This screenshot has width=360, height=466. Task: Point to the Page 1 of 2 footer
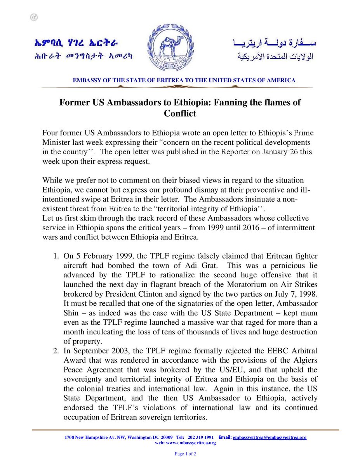pyautogui.click(x=180, y=454)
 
